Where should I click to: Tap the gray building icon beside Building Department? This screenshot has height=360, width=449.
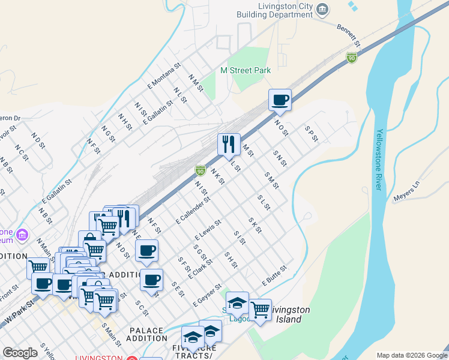pos(323,9)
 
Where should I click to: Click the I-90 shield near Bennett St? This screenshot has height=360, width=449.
pos(352,58)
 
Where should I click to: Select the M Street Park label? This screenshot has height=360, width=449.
pos(246,70)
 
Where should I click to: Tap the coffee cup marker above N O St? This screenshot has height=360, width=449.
pos(280,100)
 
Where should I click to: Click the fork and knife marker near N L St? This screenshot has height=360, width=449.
pos(229,144)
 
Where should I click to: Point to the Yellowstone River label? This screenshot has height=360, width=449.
pos(379,160)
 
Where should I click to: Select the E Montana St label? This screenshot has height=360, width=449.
pos(164,76)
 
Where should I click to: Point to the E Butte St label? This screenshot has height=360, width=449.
pos(274,275)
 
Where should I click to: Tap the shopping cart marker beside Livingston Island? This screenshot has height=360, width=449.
pos(260,310)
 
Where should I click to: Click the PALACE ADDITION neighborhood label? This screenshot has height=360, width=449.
pos(146,334)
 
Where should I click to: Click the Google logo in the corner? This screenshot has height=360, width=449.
pos(20,353)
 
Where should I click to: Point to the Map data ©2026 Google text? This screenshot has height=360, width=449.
pos(411,355)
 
